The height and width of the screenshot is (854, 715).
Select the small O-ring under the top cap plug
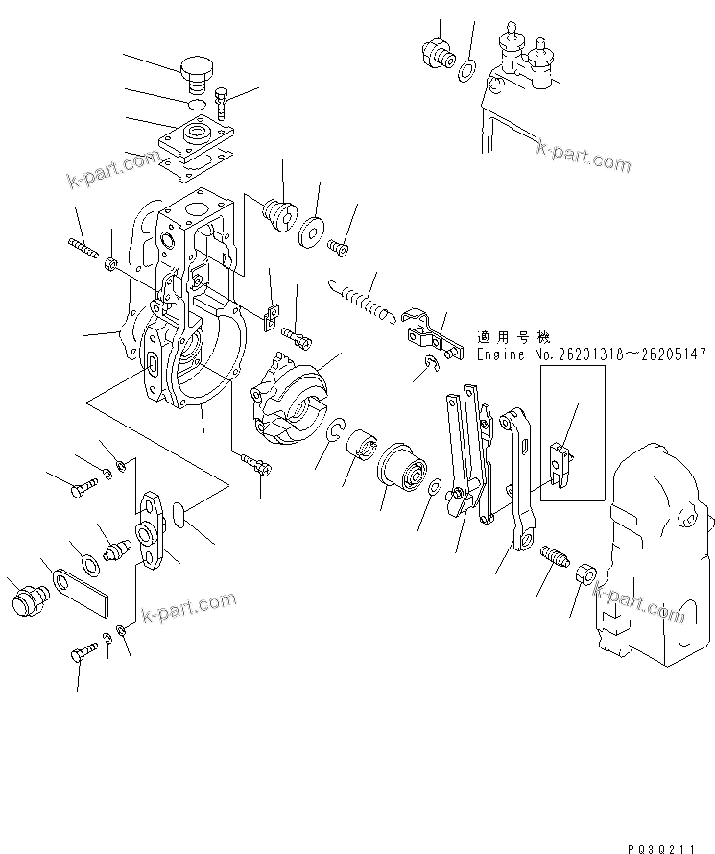195,103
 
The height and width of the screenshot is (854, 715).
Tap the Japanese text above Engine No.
512,337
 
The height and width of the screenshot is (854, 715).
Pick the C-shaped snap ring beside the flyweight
338,433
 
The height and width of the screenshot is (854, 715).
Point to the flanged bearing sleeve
406,470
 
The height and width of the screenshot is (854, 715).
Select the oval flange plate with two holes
154,528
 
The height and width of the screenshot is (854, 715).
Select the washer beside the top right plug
466,69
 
